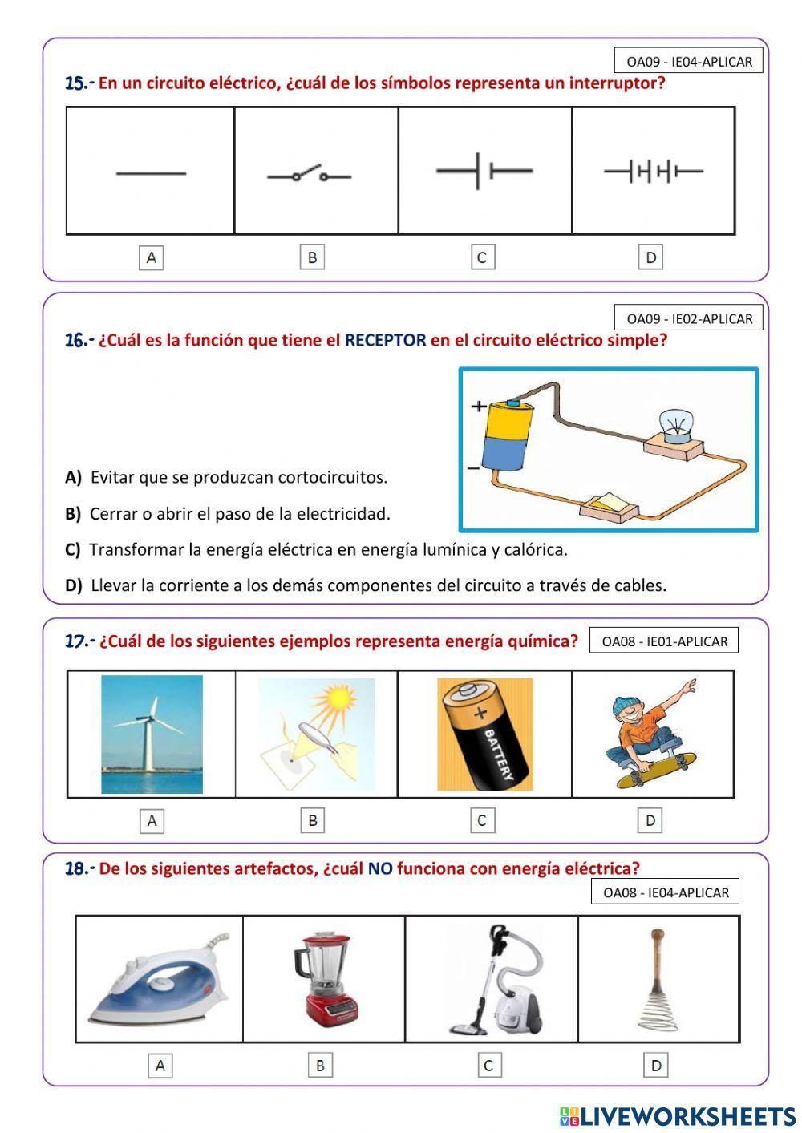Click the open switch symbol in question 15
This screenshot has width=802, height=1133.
(309, 175)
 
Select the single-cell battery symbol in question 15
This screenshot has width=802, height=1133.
(484, 171)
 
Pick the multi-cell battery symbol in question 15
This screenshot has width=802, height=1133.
(653, 171)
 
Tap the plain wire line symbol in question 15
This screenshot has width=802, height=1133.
(151, 173)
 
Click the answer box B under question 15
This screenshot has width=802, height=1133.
(312, 257)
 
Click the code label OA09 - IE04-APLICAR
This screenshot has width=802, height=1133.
(689, 62)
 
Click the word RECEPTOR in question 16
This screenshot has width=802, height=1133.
(385, 340)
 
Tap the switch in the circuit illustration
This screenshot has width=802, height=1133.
(609, 505)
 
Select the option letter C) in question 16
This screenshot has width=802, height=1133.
(72, 550)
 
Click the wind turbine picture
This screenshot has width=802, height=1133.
(152, 734)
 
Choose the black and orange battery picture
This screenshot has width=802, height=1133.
(484, 734)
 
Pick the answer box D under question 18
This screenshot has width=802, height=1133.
(656, 1066)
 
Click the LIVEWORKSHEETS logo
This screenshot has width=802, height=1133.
(678, 1115)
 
